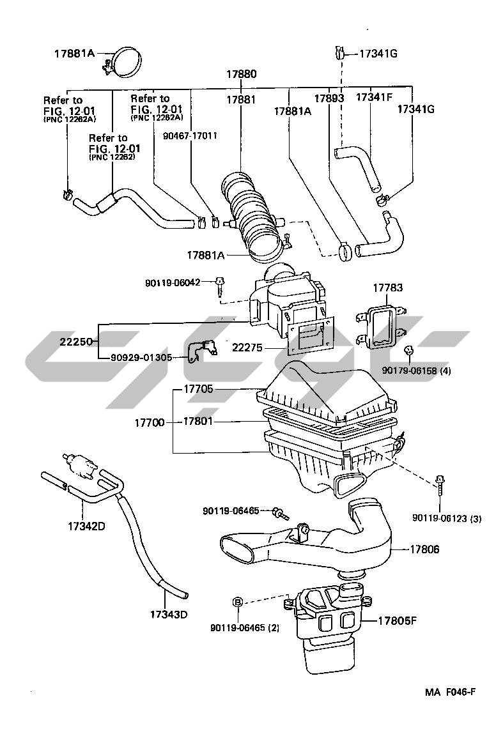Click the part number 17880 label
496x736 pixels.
click(242, 74)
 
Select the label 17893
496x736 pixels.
click(329, 98)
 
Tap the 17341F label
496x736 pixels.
click(374, 97)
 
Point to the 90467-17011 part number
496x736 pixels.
click(190, 135)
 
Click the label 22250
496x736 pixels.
click(76, 341)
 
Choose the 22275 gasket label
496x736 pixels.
click(247, 348)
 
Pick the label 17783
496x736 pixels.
click(388, 287)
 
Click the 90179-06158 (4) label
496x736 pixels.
click(410, 371)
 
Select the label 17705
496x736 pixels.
click(198, 388)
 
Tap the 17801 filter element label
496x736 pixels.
click(198, 421)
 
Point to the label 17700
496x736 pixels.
click(150, 422)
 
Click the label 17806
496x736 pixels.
click(424, 549)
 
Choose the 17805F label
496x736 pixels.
click(398, 620)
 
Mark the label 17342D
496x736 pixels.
click(86, 526)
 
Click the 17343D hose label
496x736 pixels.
click(169, 614)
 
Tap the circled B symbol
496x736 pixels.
click(238, 602)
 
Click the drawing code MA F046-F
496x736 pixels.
click(451, 693)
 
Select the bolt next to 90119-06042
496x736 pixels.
click(220, 286)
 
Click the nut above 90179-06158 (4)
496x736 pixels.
click(408, 350)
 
